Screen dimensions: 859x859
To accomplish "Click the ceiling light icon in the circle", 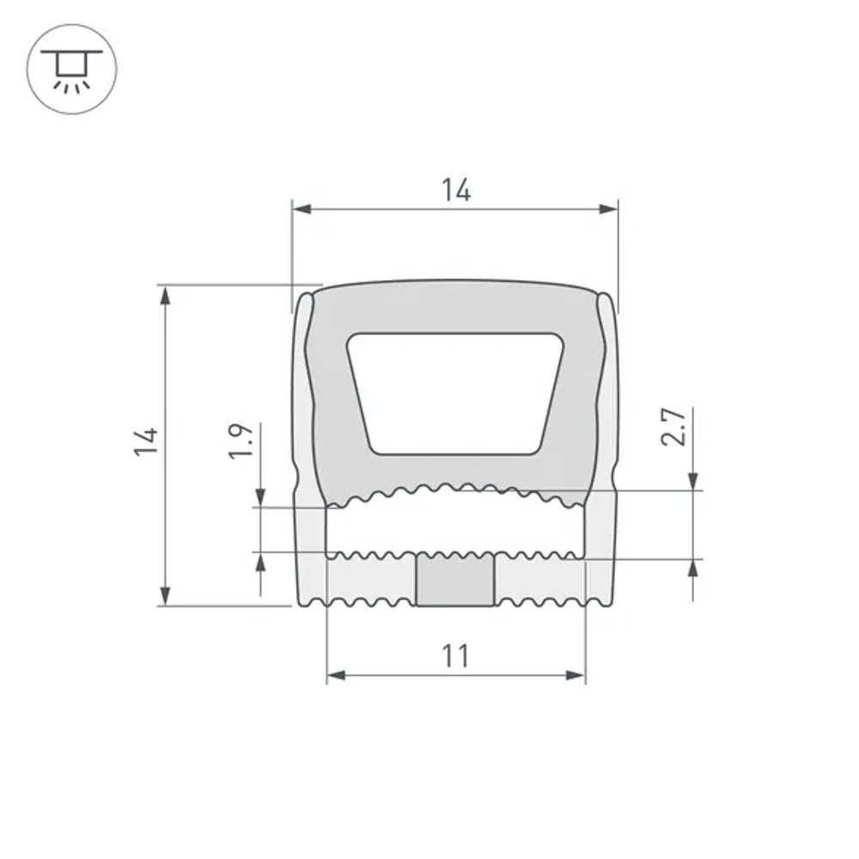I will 71,70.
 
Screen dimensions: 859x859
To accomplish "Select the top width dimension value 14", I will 456,190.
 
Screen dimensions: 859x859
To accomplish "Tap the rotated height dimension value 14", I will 147,442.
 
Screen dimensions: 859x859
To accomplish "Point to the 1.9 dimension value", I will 241,440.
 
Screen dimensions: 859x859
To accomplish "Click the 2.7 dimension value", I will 675,427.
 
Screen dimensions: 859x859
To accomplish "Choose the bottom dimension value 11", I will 456,656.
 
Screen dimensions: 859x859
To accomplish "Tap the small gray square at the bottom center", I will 455,581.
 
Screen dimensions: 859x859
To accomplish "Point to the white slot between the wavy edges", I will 456,524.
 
